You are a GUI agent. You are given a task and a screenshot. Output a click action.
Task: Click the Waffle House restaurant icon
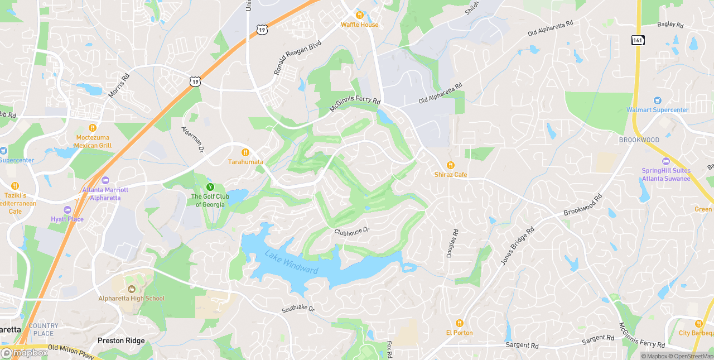pyautogui.click(x=360, y=15)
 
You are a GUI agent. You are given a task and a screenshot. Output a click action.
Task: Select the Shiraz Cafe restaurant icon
pyautogui.click(x=451, y=165)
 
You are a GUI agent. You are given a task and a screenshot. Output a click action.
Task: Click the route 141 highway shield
pyautogui.click(x=638, y=40)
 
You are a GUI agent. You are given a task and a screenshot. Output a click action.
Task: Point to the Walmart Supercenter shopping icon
pyautogui.click(x=657, y=100)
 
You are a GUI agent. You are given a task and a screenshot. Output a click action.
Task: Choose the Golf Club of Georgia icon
pyautogui.click(x=210, y=187)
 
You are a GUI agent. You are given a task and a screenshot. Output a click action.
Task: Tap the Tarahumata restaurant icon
pyautogui.click(x=245, y=152)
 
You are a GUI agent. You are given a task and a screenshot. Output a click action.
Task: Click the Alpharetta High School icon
pyautogui.click(x=132, y=289)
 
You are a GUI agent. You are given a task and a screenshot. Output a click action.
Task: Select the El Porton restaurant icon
pyautogui.click(x=459, y=323)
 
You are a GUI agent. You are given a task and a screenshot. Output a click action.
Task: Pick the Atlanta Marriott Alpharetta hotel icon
pyautogui.click(x=105, y=180)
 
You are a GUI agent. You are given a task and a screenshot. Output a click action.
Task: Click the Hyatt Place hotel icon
pyautogui.click(x=67, y=210)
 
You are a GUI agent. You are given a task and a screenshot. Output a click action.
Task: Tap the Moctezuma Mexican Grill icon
pyautogui.click(x=93, y=128)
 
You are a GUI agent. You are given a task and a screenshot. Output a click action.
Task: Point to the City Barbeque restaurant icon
pyautogui.click(x=698, y=324)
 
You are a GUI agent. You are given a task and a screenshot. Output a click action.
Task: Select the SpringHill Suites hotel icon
pyautogui.click(x=665, y=161)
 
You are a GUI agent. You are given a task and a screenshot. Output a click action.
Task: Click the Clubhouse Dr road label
pyautogui.click(x=352, y=230)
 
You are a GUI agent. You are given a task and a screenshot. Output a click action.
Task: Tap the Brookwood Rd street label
pyautogui.click(x=583, y=205)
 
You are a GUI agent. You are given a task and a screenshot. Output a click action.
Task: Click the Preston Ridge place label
pyautogui.click(x=121, y=340)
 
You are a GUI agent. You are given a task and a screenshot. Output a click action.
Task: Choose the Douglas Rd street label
pyautogui.click(x=452, y=243)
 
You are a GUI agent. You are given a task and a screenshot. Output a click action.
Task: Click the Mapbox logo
pyautogui.click(x=25, y=353)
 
